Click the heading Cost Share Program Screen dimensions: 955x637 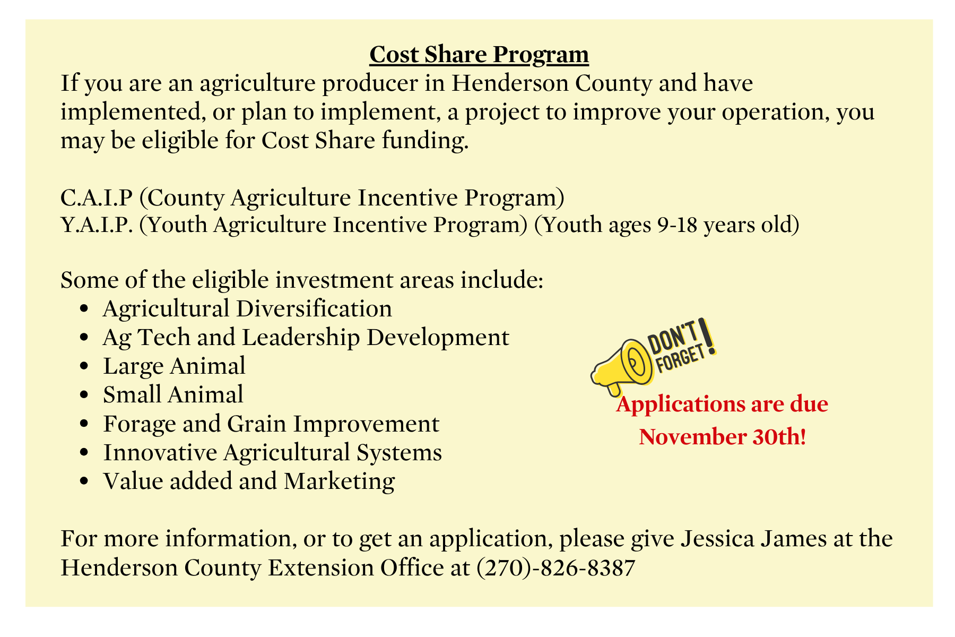479,55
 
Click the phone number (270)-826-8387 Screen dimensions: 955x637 556,568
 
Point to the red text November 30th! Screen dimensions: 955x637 723,437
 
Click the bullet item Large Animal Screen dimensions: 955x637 174,366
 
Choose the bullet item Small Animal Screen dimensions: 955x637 173,394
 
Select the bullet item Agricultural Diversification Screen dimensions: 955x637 247,308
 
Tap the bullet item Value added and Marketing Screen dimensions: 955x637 249,481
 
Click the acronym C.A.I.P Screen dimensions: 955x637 96,197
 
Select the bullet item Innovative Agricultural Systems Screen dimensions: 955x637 272,452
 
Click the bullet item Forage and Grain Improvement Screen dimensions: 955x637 271,424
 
